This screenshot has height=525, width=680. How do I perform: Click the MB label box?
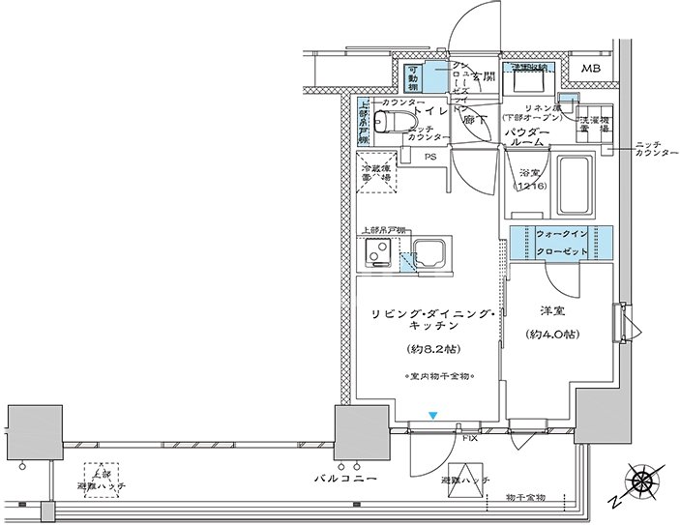(589, 70)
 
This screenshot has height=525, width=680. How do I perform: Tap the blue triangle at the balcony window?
(433, 416)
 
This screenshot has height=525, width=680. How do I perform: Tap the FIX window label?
(470, 438)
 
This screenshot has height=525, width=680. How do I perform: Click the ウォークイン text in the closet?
(562, 234)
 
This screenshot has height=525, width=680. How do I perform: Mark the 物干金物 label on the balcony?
(525, 496)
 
